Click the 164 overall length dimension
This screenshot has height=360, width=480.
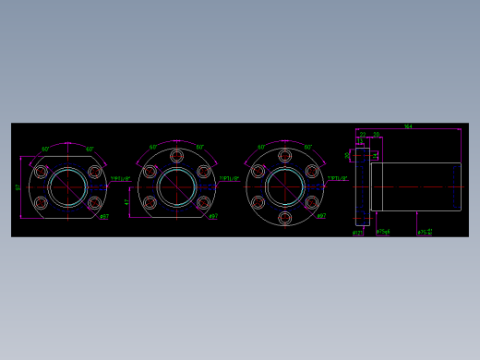(x=408, y=126)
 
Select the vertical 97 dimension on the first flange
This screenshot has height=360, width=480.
(x=18, y=187)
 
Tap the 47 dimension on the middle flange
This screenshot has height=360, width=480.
(x=127, y=202)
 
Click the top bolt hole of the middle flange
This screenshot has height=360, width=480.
(x=176, y=156)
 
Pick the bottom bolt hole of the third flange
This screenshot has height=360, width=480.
(x=285, y=218)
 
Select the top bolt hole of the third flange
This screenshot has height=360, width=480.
(x=285, y=156)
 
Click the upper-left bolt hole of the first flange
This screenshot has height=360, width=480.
(x=41, y=172)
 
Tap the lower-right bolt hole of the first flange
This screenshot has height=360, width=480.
(x=94, y=202)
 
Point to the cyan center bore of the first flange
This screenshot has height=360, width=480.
(x=67, y=187)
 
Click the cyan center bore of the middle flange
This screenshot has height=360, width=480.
(x=176, y=187)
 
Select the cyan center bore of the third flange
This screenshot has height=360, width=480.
(x=285, y=187)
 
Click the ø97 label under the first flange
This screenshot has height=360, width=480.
(x=104, y=218)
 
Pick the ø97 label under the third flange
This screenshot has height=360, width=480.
(x=321, y=217)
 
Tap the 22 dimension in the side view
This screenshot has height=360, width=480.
(x=363, y=135)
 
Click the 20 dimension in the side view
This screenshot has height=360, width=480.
(x=377, y=135)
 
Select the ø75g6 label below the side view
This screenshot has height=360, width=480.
(x=383, y=233)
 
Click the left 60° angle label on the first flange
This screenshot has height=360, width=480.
(x=45, y=149)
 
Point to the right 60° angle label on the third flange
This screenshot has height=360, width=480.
(x=308, y=148)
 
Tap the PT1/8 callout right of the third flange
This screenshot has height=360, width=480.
(x=338, y=179)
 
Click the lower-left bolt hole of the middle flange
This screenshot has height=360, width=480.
(x=150, y=202)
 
